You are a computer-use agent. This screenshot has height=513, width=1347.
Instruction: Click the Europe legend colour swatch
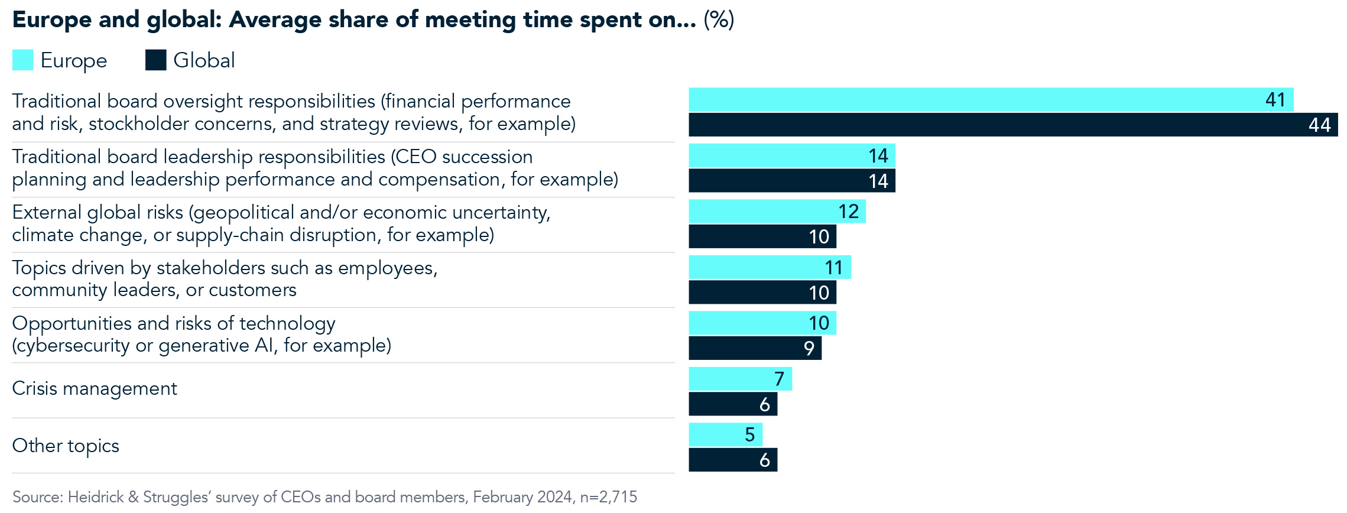22,60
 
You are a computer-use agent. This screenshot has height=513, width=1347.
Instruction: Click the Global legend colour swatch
155,60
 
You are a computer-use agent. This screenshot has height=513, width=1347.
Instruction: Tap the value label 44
1319,125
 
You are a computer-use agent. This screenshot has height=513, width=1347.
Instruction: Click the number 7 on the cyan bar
779,379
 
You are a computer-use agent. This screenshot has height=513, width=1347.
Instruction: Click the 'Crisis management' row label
95,389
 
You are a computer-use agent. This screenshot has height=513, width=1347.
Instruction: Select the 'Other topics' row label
66,446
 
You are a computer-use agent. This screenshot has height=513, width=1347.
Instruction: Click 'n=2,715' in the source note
608,497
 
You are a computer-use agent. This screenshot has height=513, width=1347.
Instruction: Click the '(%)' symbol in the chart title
719,20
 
